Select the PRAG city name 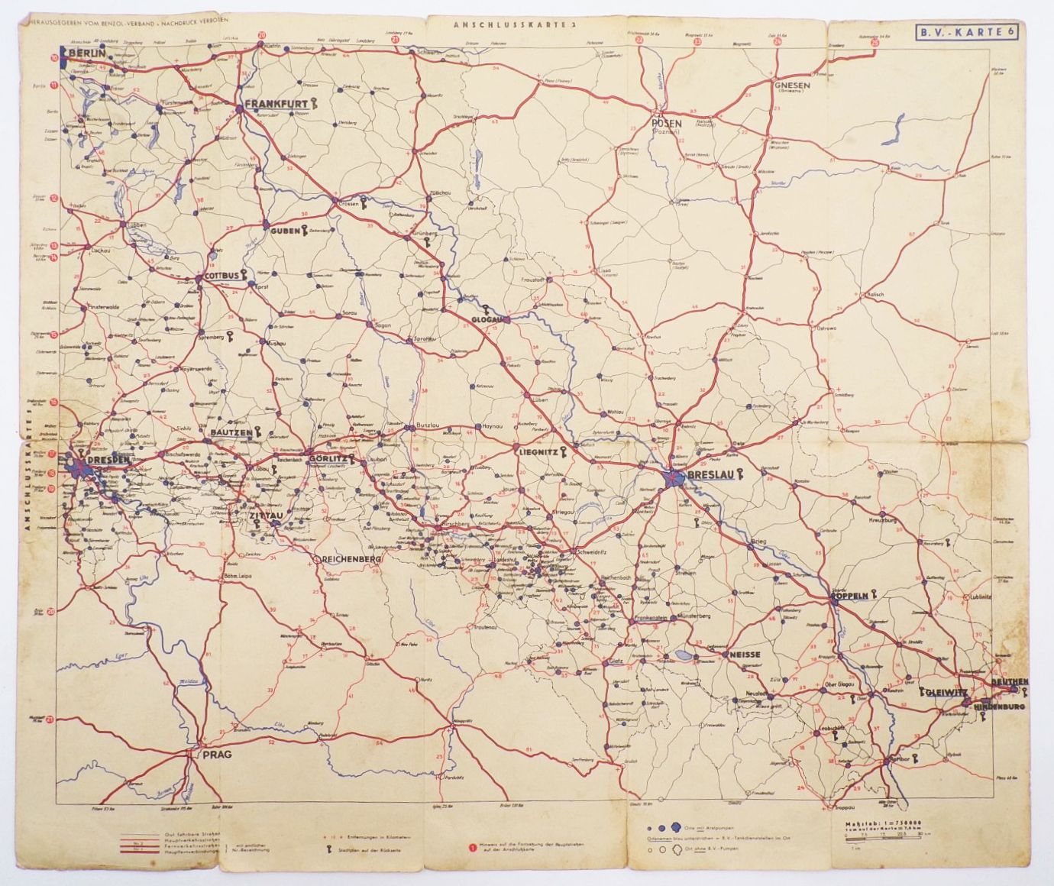216,755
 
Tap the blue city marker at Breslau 674,478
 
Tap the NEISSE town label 744,655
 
